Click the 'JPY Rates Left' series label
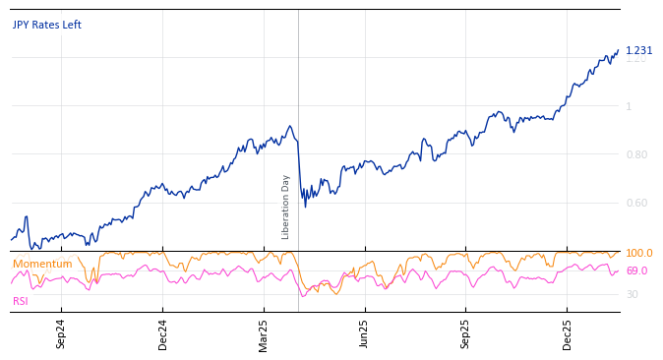tap(47, 25)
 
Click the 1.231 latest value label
tap(638, 51)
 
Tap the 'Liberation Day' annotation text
tap(286, 207)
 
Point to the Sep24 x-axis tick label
tap(61, 333)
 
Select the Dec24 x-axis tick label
tap(163, 333)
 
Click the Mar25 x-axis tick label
tap(264, 333)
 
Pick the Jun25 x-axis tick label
tap(365, 333)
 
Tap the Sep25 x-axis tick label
tap(466, 333)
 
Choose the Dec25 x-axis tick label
tap(568, 333)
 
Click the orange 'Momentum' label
tap(42, 264)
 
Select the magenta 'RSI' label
tap(21, 301)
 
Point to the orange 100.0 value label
tap(638, 254)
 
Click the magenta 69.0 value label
tap(636, 270)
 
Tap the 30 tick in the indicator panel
tap(632, 294)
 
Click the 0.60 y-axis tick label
tap(636, 203)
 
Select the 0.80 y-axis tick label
tap(636, 154)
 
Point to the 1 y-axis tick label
tap(629, 106)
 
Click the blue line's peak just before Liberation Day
tap(289, 126)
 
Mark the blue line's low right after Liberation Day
tap(305, 207)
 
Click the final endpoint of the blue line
tap(619, 50)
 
